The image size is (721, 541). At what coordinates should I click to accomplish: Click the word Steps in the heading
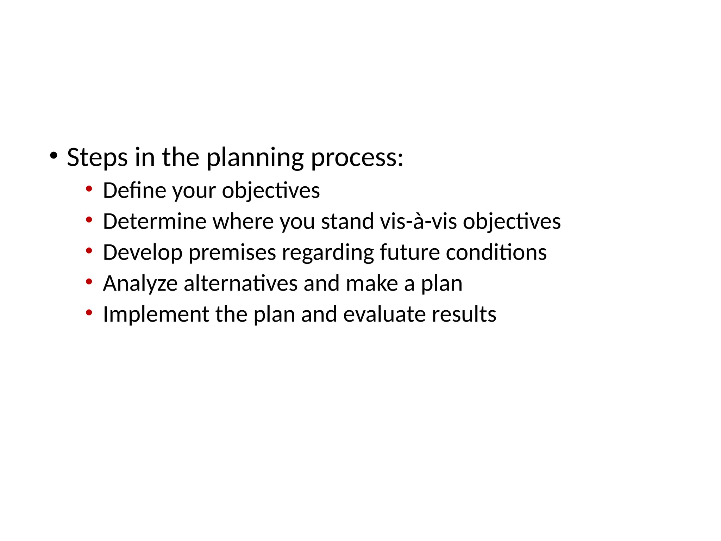pos(97,157)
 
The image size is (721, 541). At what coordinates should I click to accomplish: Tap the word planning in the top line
pos(255,157)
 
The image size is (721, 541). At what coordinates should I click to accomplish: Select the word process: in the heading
pos(357,157)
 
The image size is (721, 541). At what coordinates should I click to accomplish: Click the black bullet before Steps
pos(54,155)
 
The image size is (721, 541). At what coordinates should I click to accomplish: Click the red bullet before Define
pos(89,189)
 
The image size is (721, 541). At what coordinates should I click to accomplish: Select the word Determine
pos(155,222)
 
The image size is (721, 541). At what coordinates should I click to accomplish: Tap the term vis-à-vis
pos(419,222)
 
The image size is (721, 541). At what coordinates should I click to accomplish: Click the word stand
pos(347,222)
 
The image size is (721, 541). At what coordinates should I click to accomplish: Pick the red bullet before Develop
pos(89,251)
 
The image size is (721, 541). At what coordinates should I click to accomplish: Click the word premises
pos(232,253)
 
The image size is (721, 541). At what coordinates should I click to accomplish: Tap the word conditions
pos(496,253)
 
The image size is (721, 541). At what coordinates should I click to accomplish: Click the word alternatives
pos(240,284)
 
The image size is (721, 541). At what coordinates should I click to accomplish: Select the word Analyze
pos(140,284)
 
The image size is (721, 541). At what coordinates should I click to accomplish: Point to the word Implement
pos(156,315)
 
